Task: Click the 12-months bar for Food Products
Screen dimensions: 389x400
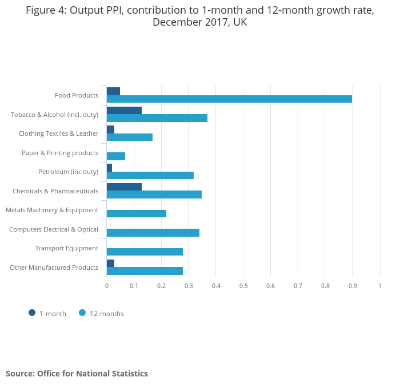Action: (x=229, y=99)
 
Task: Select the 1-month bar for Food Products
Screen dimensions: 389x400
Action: (x=113, y=91)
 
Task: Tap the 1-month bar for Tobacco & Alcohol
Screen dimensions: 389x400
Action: (x=124, y=110)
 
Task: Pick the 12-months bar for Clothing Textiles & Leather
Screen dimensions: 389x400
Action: (x=130, y=137)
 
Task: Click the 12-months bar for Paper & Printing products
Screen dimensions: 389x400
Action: (x=116, y=156)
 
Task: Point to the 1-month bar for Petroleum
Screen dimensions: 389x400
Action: (x=109, y=168)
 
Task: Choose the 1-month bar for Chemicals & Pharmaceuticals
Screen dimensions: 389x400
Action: (x=124, y=187)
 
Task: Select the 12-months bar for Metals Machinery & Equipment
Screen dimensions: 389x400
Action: (x=137, y=213)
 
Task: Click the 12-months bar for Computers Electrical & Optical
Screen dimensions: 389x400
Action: (x=153, y=233)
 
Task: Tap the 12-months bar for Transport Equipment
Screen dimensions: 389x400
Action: (x=145, y=252)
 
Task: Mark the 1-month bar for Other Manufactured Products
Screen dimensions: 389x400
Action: (x=110, y=263)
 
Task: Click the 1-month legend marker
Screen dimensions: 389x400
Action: (x=32, y=313)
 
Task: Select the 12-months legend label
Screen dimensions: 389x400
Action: (x=107, y=313)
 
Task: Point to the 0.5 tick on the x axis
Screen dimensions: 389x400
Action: (x=243, y=285)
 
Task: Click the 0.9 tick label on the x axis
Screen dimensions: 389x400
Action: (x=353, y=285)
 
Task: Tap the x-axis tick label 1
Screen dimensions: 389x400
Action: (x=380, y=285)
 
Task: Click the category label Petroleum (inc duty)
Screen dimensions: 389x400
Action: (x=68, y=172)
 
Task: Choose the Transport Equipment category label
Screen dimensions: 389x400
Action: (x=66, y=248)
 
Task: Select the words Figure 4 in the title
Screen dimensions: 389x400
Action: (x=45, y=11)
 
